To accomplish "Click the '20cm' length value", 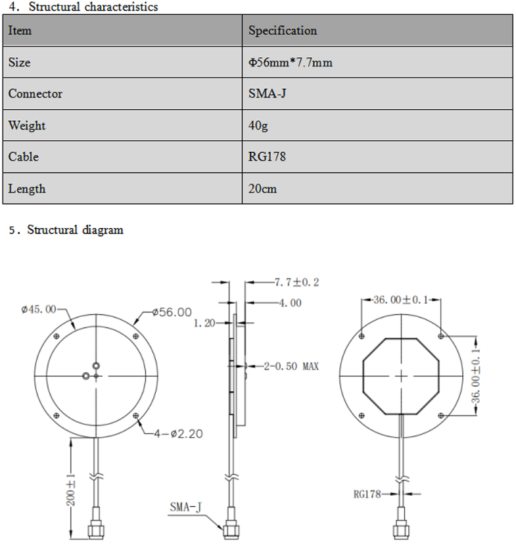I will click(x=262, y=189).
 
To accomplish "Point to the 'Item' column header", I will click(x=20, y=31).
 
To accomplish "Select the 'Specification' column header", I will click(x=282, y=31).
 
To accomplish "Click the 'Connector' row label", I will click(x=35, y=94).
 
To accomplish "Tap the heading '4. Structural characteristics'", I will click(x=83, y=7).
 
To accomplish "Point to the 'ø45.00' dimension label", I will click(x=39, y=309).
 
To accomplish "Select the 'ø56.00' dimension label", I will click(x=172, y=312).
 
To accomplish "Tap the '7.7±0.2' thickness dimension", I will click(x=296, y=283).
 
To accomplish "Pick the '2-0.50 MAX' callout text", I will click(x=291, y=366).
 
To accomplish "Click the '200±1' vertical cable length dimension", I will click(x=72, y=490).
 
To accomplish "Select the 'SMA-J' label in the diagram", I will click(x=185, y=506).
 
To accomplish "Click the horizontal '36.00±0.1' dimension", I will click(x=401, y=300).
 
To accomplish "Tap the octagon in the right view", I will click(x=402, y=377).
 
